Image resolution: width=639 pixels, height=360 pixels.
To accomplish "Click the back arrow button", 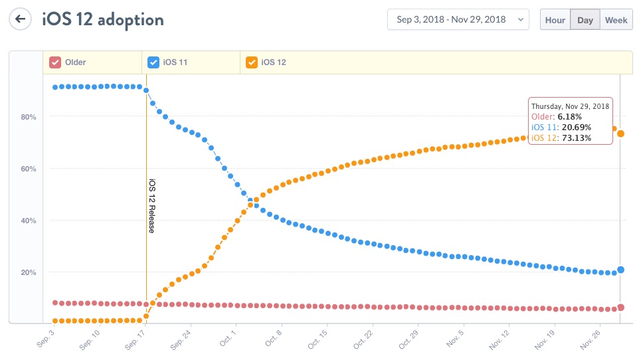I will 21,19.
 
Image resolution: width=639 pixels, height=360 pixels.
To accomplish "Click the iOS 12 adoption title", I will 103,19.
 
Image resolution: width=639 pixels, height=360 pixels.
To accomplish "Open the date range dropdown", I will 458,20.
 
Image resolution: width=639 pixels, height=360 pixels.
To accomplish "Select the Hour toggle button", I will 555,20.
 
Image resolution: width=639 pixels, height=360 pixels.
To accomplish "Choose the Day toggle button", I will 585,20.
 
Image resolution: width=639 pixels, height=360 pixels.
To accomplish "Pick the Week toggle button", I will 616,20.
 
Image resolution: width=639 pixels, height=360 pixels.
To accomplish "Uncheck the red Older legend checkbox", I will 56,62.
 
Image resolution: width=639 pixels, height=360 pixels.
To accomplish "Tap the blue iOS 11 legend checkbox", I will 153,62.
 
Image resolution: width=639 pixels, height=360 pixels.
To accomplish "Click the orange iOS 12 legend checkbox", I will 252,62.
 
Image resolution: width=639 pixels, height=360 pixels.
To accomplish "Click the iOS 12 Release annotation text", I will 151,206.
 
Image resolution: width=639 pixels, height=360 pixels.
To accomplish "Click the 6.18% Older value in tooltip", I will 570,116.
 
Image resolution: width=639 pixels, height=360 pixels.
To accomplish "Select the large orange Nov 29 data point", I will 620,134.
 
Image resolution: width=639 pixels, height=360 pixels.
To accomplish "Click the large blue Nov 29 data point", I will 620,270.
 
